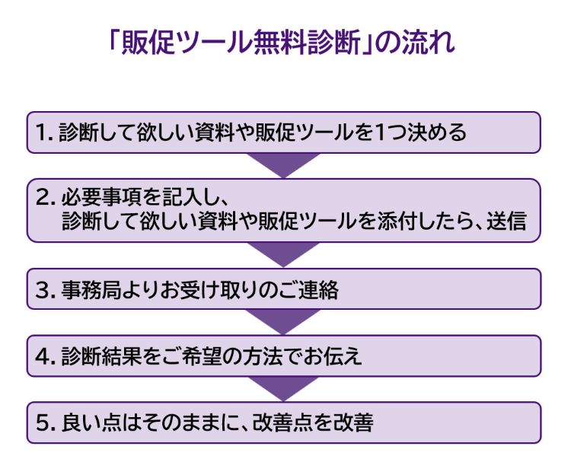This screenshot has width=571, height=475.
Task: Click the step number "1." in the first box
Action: point(45,133)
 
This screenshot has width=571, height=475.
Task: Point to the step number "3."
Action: point(45,290)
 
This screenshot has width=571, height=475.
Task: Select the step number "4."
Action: point(45,356)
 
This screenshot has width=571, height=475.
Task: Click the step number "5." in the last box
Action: point(45,422)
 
